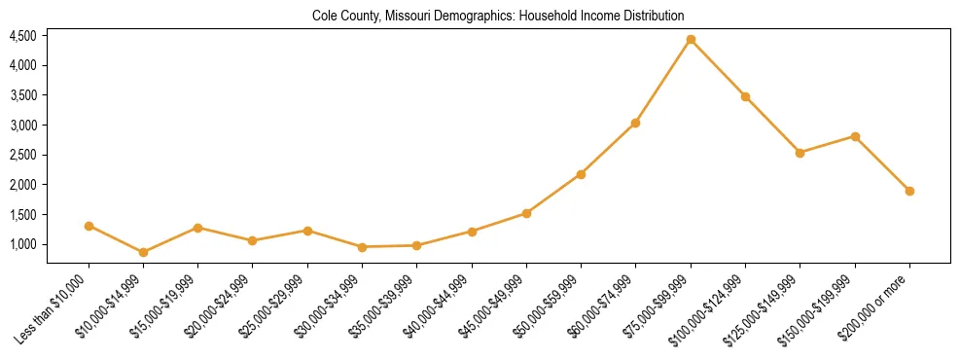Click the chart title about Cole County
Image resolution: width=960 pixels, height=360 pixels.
click(x=498, y=16)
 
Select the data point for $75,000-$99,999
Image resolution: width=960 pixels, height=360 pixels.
click(x=691, y=40)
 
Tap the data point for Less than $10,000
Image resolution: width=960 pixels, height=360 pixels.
click(x=89, y=226)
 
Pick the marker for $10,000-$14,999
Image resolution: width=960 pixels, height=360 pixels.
click(x=143, y=252)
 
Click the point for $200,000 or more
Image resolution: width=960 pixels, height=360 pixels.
click(x=909, y=191)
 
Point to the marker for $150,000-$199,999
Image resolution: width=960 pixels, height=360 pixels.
click(x=855, y=136)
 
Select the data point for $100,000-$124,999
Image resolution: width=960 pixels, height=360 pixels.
click(x=745, y=96)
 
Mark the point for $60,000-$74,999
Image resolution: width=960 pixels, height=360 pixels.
click(x=636, y=123)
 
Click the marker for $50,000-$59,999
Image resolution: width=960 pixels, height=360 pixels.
click(x=581, y=174)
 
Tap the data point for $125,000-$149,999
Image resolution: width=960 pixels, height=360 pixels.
click(x=800, y=153)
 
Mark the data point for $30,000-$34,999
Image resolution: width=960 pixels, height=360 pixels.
click(x=362, y=247)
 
